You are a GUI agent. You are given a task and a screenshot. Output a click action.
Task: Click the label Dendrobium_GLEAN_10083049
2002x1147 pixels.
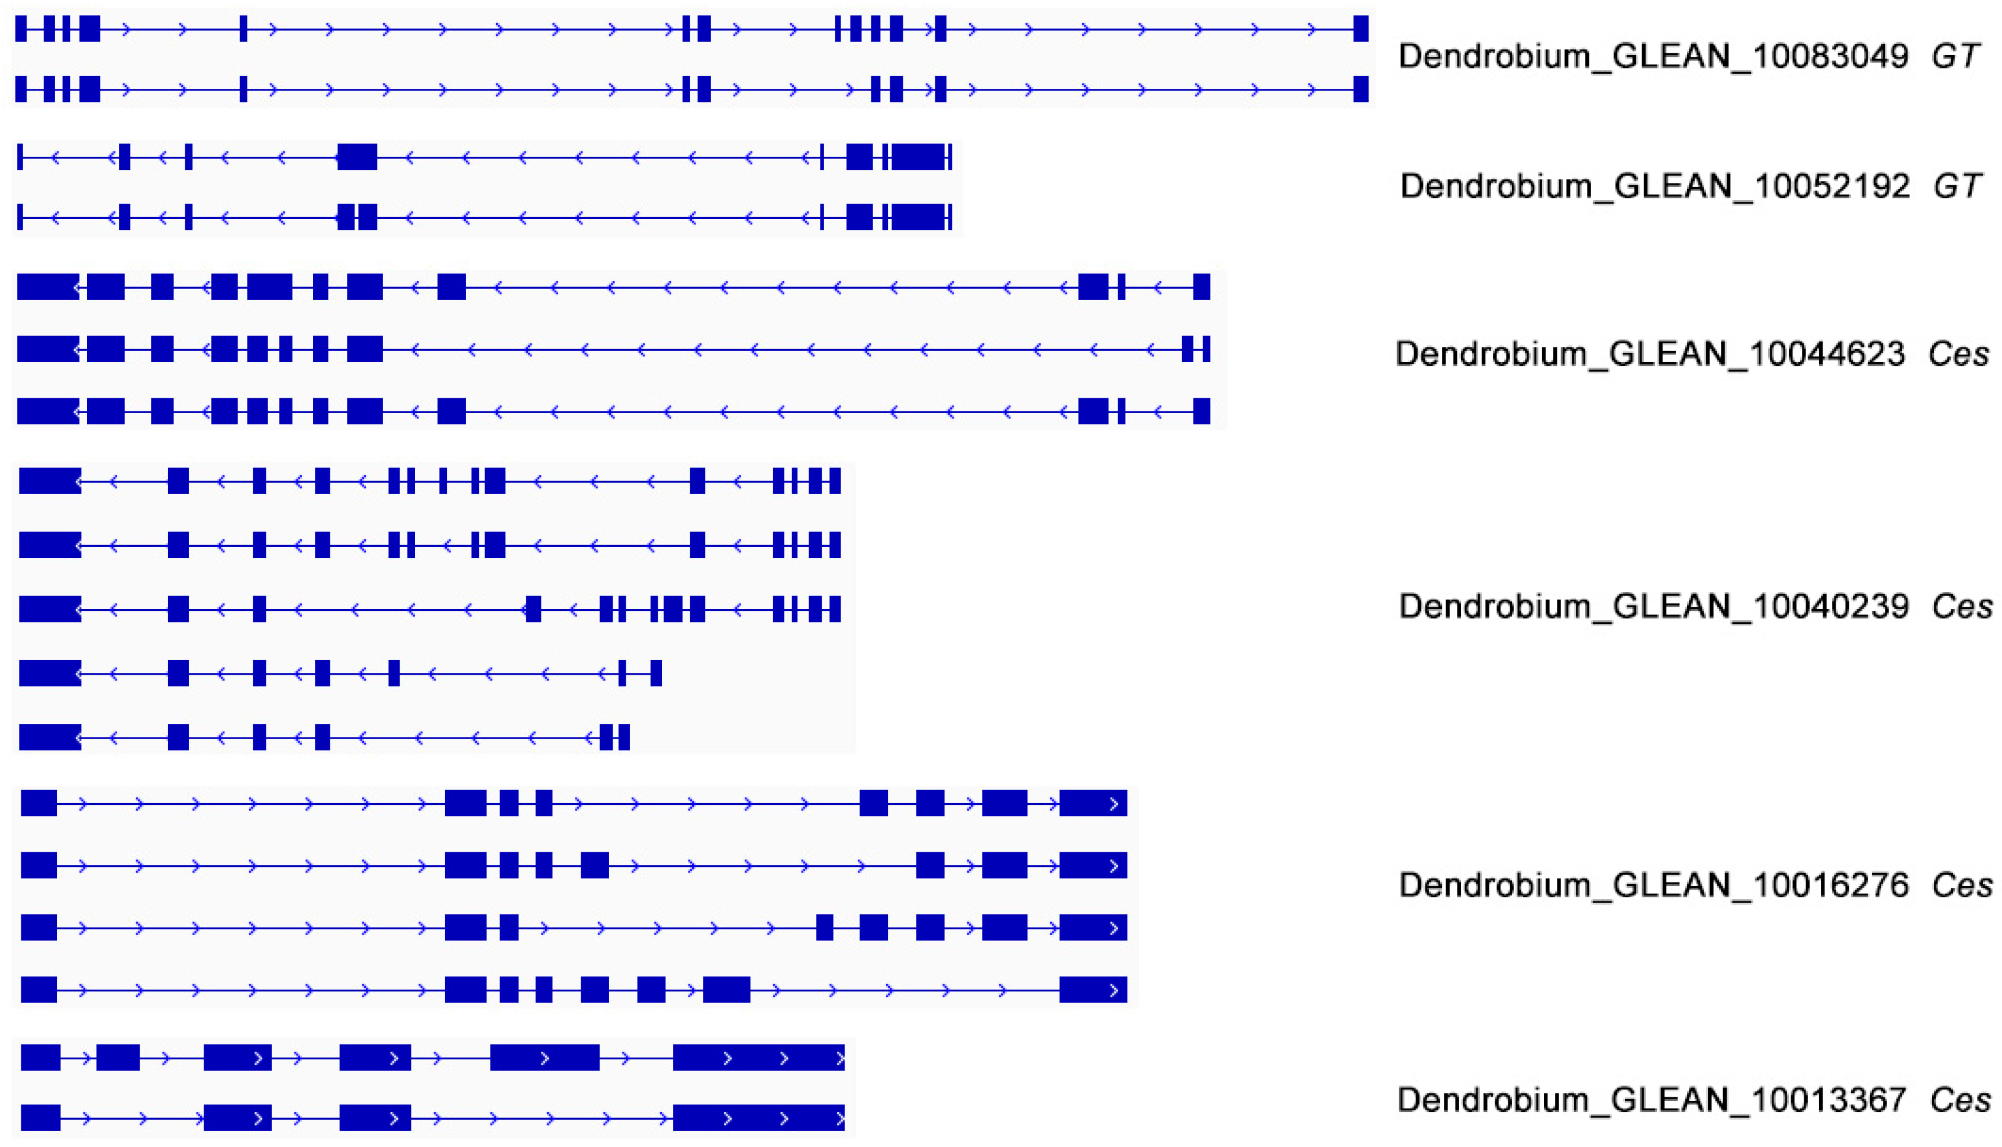coord(1652,57)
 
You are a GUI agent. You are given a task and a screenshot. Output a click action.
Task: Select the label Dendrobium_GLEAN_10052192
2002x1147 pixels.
coord(1654,186)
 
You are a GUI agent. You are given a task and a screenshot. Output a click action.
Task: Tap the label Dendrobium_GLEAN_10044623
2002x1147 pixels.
coord(1650,355)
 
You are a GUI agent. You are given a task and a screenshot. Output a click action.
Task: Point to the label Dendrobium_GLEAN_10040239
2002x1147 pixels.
coord(1653,607)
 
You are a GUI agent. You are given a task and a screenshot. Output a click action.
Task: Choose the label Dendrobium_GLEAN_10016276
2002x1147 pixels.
coord(1653,885)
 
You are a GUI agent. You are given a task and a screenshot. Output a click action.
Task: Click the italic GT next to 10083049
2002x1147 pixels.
coord(1955,57)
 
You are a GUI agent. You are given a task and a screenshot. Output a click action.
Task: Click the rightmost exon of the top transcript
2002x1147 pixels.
coord(1361,29)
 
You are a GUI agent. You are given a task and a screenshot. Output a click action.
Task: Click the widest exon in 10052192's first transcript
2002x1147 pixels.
coord(919,157)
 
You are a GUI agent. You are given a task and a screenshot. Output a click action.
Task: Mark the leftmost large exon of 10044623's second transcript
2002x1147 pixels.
coord(48,349)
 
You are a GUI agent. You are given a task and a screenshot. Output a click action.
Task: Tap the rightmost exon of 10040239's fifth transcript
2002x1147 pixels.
coord(624,737)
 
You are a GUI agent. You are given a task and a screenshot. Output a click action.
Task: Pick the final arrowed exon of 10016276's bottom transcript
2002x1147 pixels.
coord(1093,990)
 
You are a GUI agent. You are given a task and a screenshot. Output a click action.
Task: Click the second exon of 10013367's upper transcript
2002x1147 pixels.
coord(118,1057)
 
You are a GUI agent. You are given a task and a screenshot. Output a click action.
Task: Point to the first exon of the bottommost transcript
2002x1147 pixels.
coord(40,1118)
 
